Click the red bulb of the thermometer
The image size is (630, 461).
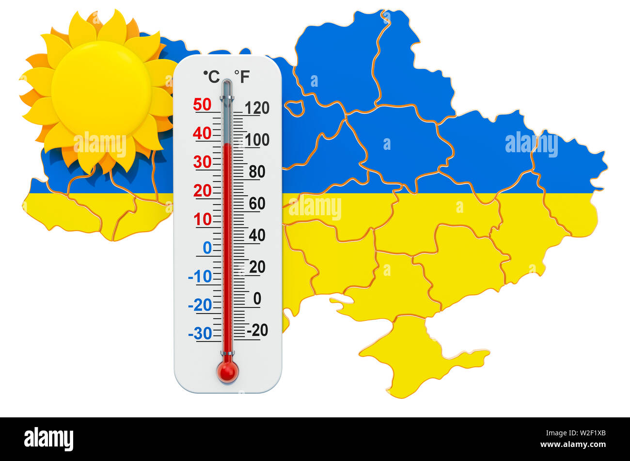point(227,371)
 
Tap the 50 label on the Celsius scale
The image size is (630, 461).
point(202,104)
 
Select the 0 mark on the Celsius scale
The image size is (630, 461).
point(207,248)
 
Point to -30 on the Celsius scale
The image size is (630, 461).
point(200,334)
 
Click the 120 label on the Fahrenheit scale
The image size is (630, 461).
point(257,108)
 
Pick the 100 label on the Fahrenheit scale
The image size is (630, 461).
point(257,140)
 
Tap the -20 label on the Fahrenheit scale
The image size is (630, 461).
point(257,330)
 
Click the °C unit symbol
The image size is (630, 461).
point(211,76)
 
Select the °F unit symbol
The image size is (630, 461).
point(242,76)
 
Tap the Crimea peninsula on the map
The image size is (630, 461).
point(412,354)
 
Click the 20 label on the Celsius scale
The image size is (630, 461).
point(202,191)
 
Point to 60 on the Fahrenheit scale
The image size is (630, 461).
point(257,204)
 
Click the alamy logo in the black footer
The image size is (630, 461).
point(48,439)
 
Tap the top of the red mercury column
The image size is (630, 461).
point(227,144)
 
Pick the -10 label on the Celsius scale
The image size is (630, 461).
point(200,276)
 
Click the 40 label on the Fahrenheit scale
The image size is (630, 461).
point(257,235)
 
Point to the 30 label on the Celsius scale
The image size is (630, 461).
point(202,162)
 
